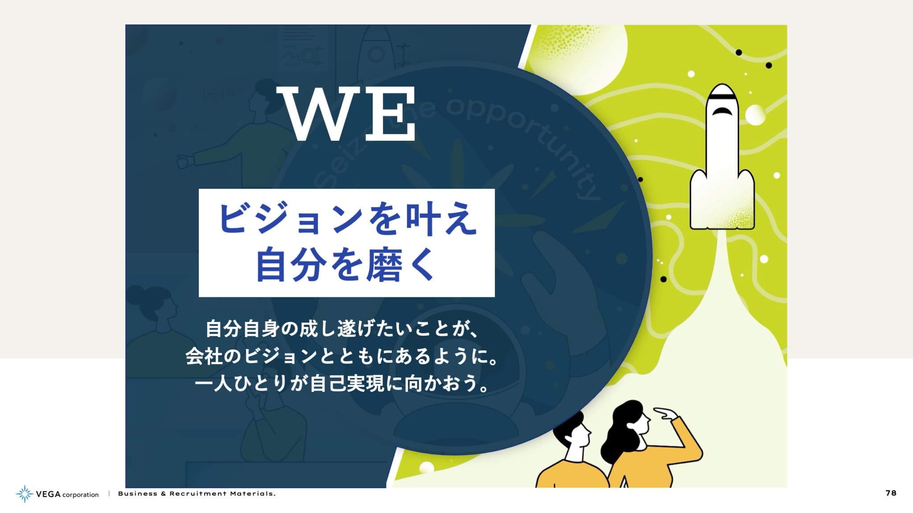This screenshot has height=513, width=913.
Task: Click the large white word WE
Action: (x=346, y=114)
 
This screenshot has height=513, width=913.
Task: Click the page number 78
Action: (x=891, y=493)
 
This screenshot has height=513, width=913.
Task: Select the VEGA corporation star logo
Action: (x=25, y=494)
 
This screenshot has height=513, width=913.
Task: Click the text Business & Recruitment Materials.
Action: (x=197, y=493)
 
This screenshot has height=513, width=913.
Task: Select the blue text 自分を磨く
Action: (x=345, y=266)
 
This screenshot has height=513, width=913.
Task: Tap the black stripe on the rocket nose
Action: (x=722, y=96)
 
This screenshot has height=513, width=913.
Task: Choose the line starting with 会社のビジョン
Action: (x=341, y=356)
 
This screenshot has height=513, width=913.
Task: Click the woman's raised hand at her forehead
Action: (x=666, y=414)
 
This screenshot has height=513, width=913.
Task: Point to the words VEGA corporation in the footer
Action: (x=67, y=494)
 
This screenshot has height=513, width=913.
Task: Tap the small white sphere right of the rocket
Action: (x=756, y=115)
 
